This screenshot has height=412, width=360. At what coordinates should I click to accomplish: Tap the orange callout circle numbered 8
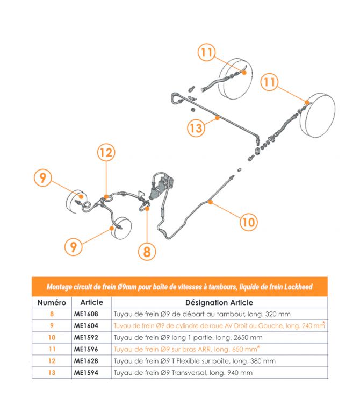(147, 251)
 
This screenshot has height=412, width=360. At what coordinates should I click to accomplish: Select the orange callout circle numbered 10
(248, 221)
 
